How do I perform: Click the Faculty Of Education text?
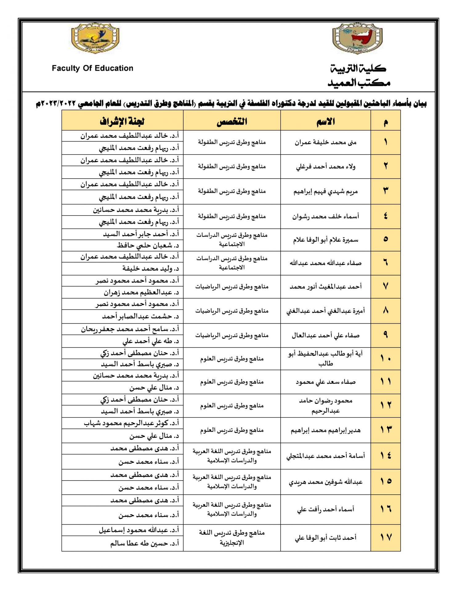(x=92, y=68)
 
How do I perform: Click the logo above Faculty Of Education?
(x=95, y=38)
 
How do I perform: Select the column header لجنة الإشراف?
(x=122, y=121)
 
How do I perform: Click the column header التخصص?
(x=232, y=121)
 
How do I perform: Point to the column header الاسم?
(x=326, y=121)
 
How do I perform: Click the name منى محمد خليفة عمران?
(x=326, y=143)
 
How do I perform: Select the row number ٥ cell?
(x=386, y=239)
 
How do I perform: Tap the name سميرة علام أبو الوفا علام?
(x=326, y=240)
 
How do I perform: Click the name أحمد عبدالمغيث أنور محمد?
(x=326, y=287)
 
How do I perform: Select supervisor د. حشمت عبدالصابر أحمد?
(x=140, y=316)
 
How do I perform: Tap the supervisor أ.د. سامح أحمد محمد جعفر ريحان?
(x=130, y=329)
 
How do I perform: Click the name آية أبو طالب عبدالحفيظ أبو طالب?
(x=326, y=359)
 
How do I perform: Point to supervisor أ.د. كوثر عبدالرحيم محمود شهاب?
(x=131, y=423)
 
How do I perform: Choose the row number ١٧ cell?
(x=386, y=537)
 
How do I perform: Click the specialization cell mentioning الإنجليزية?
(x=232, y=537)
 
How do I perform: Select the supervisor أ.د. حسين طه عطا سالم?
(x=145, y=543)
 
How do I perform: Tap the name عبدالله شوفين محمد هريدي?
(x=326, y=482)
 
